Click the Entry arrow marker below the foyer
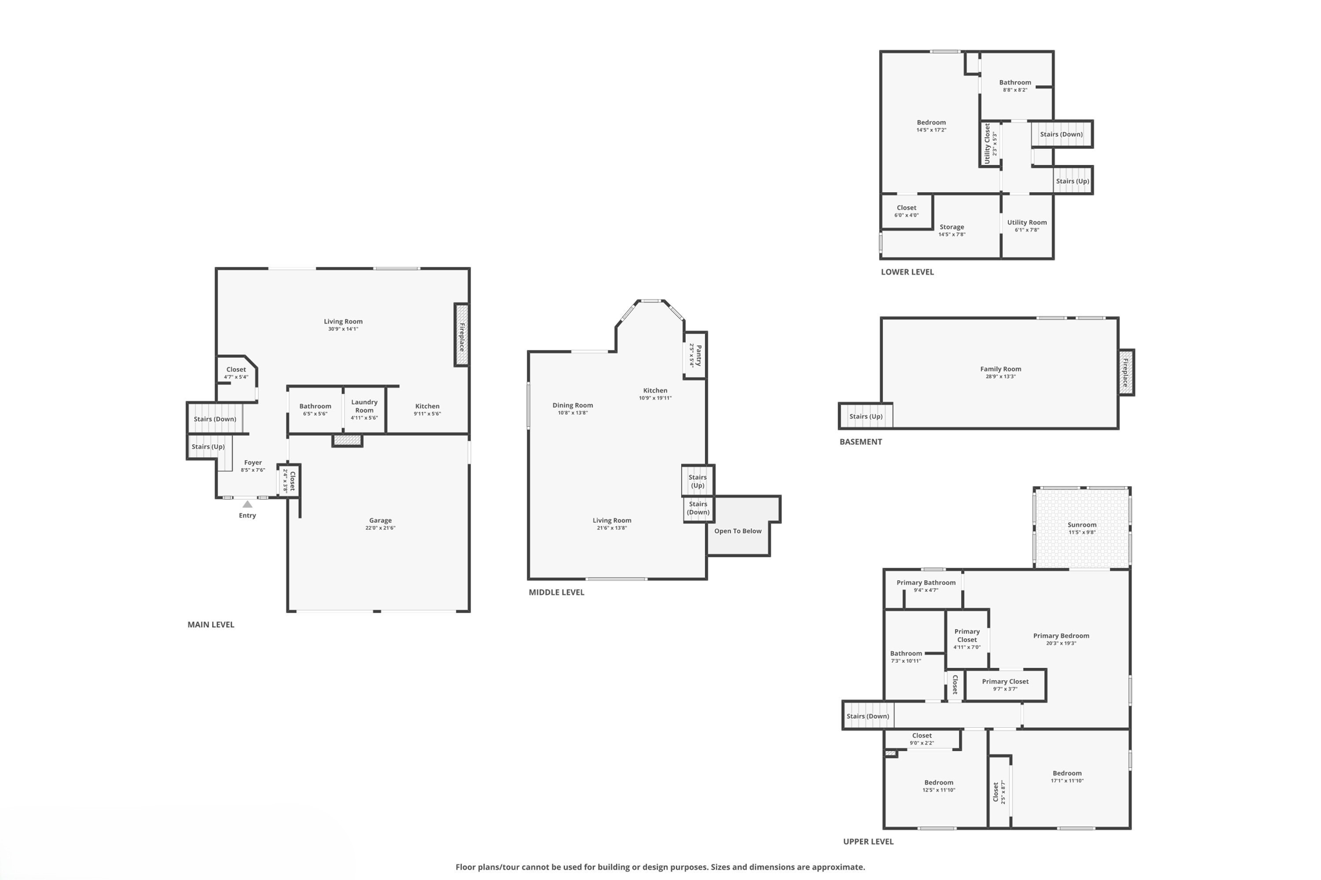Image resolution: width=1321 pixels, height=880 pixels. click(247, 504)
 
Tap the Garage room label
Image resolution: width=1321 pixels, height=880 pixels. click(380, 520)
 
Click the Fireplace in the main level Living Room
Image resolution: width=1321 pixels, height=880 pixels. click(462, 335)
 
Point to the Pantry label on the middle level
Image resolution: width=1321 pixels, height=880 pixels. click(696, 355)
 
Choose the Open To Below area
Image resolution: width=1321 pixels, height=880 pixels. click(737, 531)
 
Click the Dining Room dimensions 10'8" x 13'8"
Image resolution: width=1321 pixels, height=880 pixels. click(572, 413)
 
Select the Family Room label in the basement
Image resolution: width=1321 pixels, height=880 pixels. click(1000, 369)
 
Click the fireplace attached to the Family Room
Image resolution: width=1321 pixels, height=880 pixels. click(1126, 373)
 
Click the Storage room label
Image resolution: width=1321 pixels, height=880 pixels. click(951, 227)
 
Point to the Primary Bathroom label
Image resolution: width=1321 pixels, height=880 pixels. click(926, 583)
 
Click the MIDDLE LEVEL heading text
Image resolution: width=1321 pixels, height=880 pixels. click(556, 592)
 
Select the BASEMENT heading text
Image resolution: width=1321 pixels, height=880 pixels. click(860, 442)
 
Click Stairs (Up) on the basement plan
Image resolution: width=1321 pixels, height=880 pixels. click(866, 416)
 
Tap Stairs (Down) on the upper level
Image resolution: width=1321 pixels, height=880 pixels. click(868, 716)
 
